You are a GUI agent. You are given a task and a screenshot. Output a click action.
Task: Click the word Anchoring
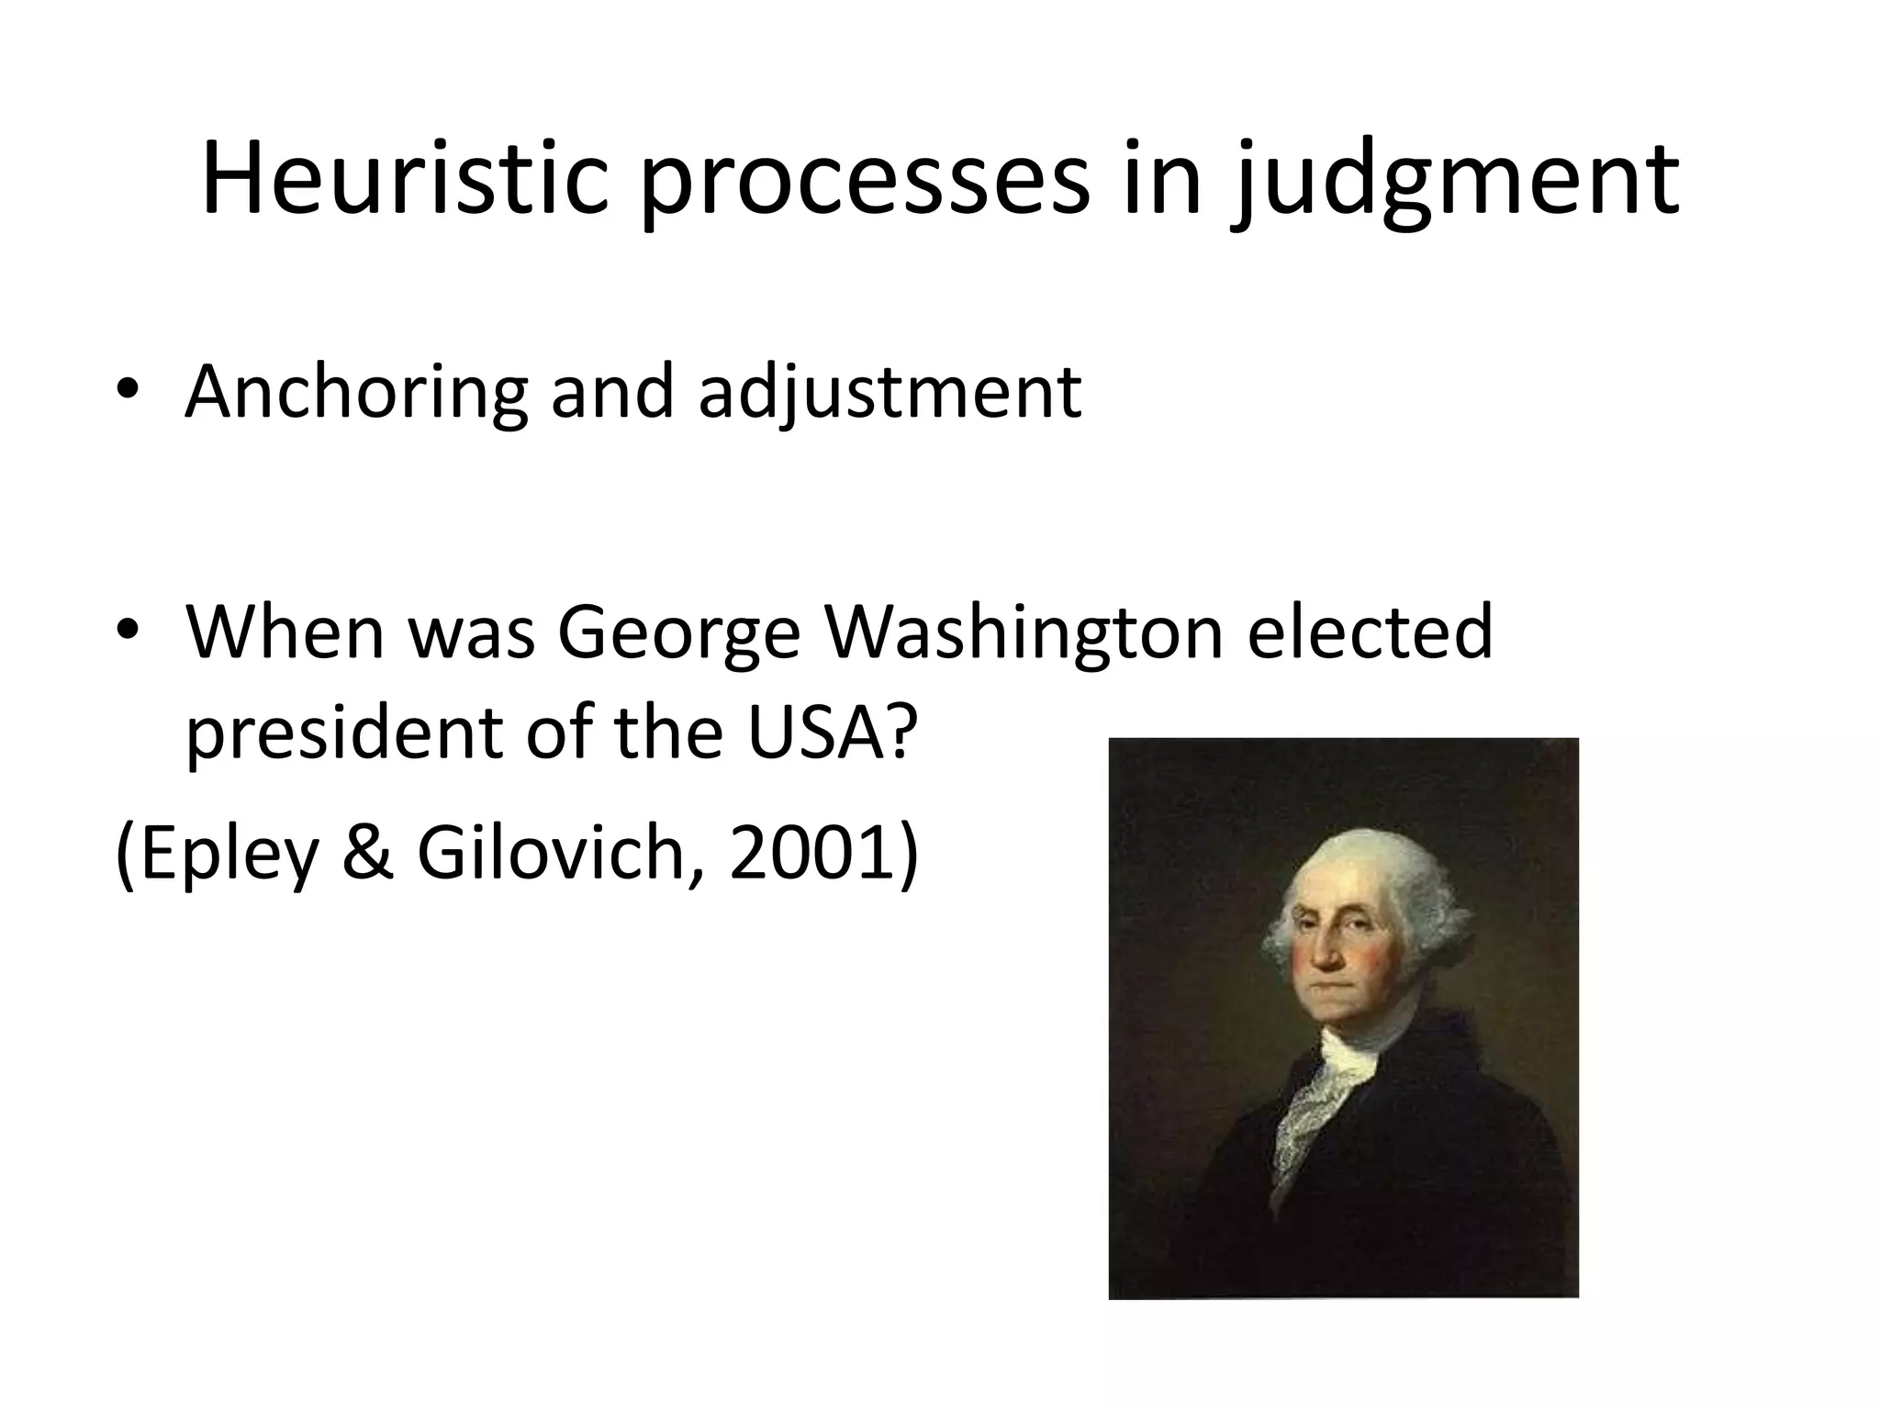click(x=355, y=393)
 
